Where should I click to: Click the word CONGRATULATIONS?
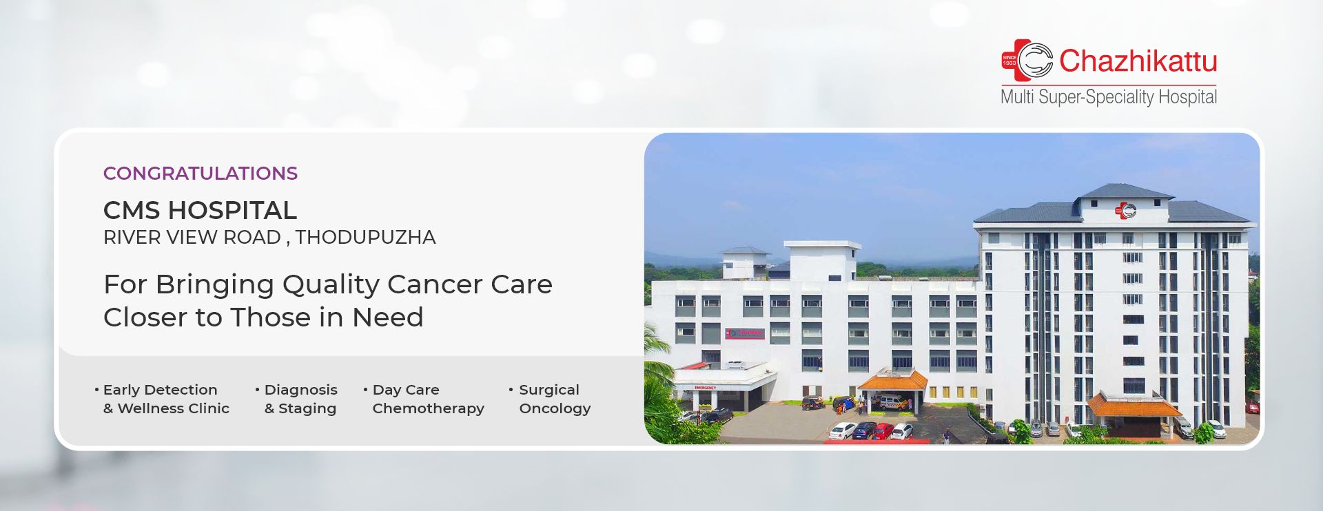click(201, 174)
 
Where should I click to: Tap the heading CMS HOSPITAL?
click(200, 210)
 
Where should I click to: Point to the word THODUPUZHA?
click(365, 238)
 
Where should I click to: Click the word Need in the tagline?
click(387, 317)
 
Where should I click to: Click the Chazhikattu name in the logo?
click(1138, 61)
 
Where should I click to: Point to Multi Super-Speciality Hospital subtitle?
click(1109, 96)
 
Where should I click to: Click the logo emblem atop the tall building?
click(1125, 210)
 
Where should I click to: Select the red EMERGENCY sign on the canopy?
click(705, 388)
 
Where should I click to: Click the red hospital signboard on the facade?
click(744, 333)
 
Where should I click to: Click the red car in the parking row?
click(883, 431)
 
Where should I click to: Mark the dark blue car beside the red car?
click(864, 431)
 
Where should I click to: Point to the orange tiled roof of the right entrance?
click(1133, 404)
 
